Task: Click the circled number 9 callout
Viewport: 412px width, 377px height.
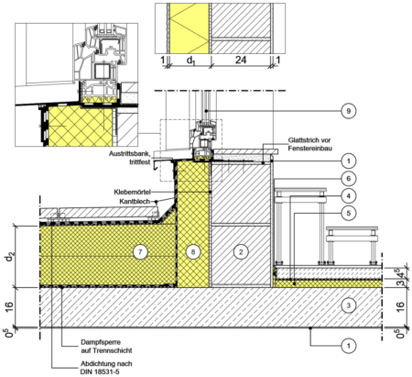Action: [349, 111]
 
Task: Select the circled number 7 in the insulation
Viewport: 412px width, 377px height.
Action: [140, 252]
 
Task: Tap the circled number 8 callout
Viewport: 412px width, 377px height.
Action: [193, 252]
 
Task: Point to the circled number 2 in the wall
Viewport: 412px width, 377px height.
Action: [241, 252]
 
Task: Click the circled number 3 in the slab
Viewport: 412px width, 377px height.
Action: [349, 305]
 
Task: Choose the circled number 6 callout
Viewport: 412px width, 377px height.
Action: [349, 178]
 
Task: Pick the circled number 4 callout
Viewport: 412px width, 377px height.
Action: [349, 195]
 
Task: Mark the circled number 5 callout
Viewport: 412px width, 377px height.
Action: [349, 213]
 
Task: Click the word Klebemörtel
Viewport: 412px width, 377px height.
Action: [133, 193]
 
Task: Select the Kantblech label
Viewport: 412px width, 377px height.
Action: [135, 201]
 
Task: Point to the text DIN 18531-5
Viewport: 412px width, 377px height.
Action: [100, 371]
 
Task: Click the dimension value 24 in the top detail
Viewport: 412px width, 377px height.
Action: [241, 60]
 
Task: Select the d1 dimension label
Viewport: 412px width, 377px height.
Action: [190, 61]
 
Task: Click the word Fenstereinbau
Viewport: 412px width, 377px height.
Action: [310, 149]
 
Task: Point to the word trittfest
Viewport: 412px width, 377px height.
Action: [140, 161]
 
